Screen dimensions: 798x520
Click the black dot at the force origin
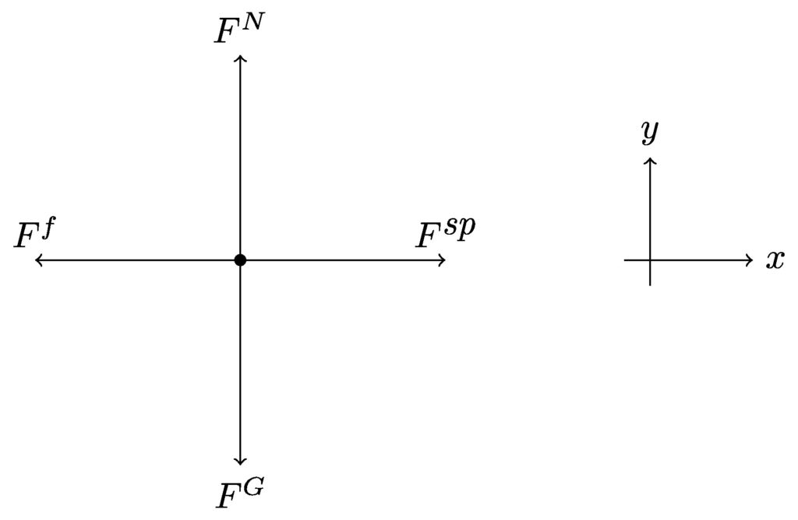click(x=240, y=260)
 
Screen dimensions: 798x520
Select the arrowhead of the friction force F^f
click(x=37, y=260)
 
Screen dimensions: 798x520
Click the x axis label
click(x=775, y=260)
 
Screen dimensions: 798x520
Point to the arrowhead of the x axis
click(x=750, y=260)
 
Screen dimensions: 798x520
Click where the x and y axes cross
click(x=651, y=260)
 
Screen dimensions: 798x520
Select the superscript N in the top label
click(x=252, y=23)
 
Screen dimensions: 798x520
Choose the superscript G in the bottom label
click(x=252, y=486)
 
